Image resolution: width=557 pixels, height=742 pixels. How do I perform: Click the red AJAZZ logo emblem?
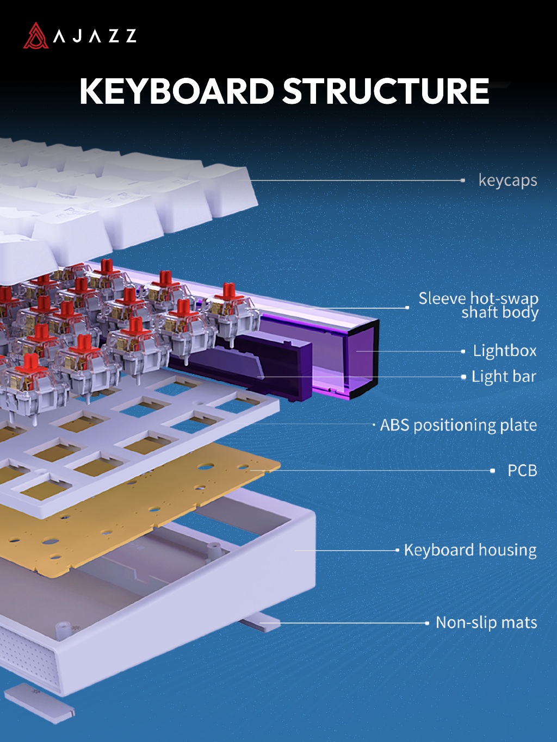click(x=36, y=35)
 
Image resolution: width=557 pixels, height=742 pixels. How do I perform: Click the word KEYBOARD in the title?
click(x=176, y=91)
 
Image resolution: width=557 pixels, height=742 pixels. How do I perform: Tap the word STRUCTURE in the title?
click(x=386, y=91)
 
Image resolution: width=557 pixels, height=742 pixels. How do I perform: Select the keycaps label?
click(x=508, y=180)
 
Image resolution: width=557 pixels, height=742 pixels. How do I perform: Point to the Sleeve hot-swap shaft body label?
click(x=479, y=305)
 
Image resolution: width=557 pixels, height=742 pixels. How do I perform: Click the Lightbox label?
click(x=505, y=351)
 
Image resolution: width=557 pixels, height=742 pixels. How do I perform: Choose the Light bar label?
click(x=504, y=377)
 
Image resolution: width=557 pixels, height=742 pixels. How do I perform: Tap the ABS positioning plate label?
click(x=458, y=425)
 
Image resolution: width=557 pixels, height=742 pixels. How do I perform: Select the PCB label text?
click(x=522, y=471)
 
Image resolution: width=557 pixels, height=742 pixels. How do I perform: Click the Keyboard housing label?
click(x=470, y=550)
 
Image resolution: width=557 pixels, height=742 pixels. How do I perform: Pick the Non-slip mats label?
click(x=486, y=622)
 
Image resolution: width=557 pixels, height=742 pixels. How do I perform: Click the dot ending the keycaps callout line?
click(x=463, y=180)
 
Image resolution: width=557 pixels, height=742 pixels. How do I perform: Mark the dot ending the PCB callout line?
click(x=492, y=471)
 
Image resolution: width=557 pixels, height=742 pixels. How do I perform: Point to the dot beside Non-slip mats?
click(x=427, y=623)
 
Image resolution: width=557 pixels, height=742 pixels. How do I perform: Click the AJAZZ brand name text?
click(x=95, y=36)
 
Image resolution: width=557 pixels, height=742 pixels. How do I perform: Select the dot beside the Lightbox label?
click(x=463, y=351)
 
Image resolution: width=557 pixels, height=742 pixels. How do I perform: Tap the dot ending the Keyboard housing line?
click(x=397, y=550)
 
